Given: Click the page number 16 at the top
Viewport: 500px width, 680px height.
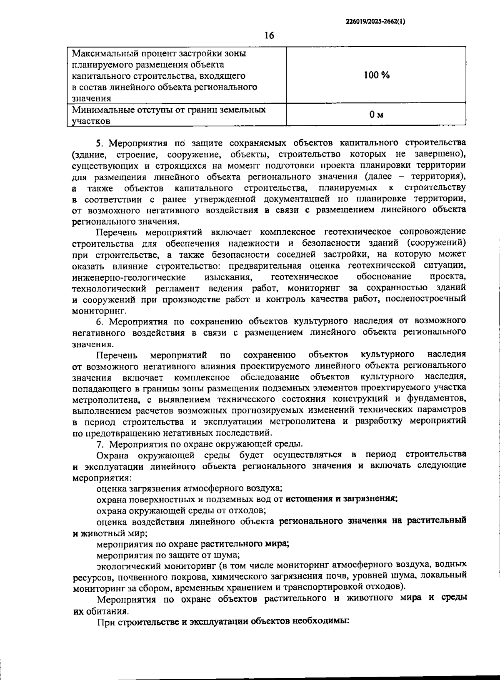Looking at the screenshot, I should click(x=269, y=35).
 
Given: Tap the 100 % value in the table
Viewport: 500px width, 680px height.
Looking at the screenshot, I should click(x=376, y=75).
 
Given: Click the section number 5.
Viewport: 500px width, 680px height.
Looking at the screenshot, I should click(x=99, y=143).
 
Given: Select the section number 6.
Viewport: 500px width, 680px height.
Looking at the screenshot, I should click(x=99, y=321).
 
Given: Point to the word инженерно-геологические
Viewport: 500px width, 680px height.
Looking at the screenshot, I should click(x=129, y=277).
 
